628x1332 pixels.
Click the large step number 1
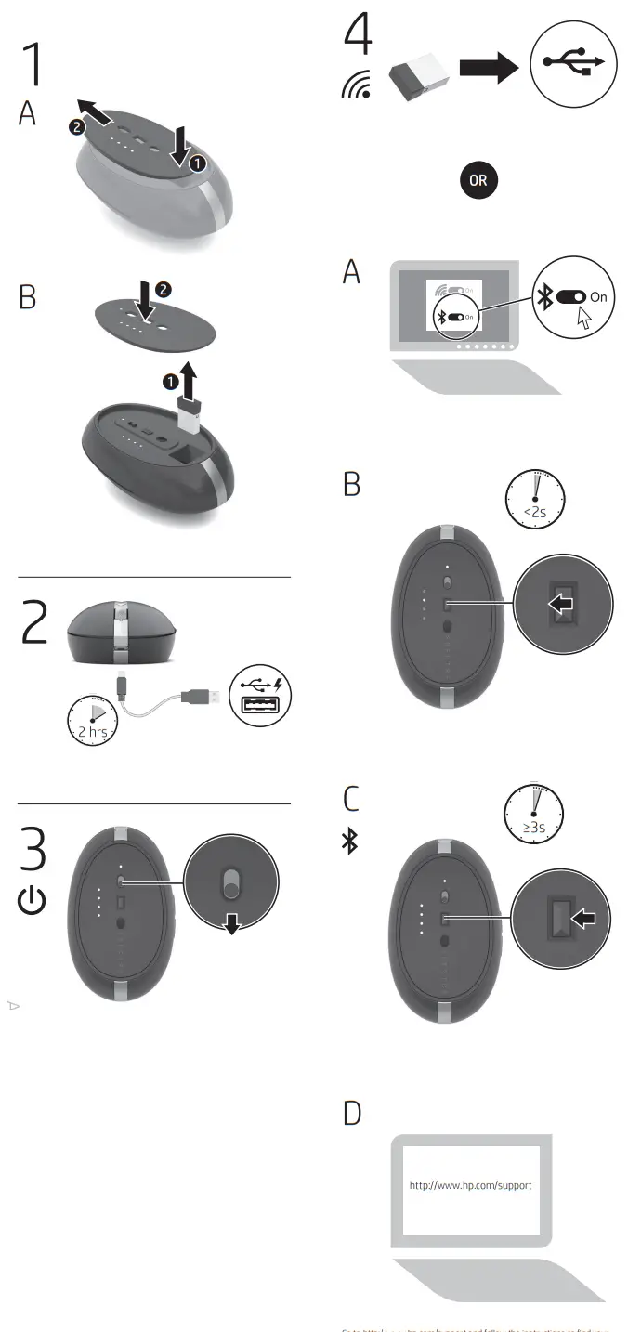32,64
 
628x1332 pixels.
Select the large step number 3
33,847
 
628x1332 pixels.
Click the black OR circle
478,180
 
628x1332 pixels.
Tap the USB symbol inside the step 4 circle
575,62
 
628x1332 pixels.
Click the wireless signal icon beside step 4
356,84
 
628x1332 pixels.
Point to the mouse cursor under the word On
584,320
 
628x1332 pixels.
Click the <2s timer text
534,511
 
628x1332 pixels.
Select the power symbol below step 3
33,900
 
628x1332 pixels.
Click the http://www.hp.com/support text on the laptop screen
471,1185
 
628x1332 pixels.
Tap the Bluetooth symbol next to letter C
349,842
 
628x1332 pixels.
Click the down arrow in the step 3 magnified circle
231,921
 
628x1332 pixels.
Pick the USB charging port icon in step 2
260,694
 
